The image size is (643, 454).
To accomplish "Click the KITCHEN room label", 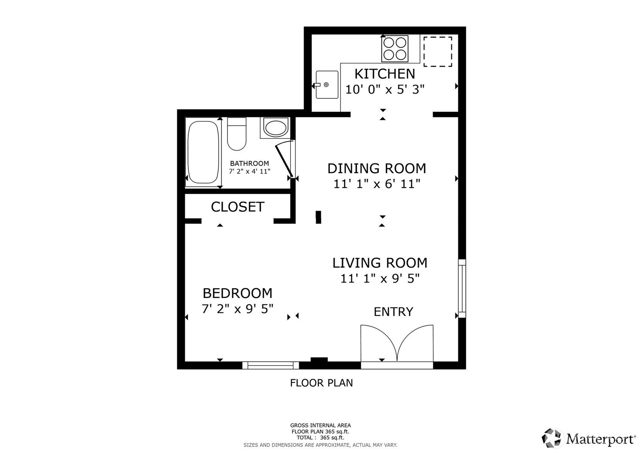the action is pyautogui.click(x=385, y=74).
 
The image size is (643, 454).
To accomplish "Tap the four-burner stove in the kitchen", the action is pyautogui.click(x=395, y=48).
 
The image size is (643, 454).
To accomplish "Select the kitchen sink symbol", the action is pyautogui.click(x=327, y=85).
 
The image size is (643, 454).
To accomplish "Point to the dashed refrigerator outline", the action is pyautogui.click(x=438, y=51).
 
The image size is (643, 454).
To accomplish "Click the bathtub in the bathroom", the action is pyautogui.click(x=203, y=152).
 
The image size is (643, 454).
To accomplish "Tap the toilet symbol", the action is pyautogui.click(x=237, y=134).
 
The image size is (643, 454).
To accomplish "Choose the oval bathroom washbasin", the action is pyautogui.click(x=275, y=128).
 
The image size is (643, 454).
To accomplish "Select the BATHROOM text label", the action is pyautogui.click(x=249, y=163).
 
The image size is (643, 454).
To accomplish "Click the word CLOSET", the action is pyautogui.click(x=237, y=207).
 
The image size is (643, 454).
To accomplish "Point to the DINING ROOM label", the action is pyautogui.click(x=377, y=168).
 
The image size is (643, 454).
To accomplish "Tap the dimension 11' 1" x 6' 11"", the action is pyautogui.click(x=377, y=184).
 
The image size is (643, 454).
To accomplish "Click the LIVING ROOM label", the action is pyautogui.click(x=380, y=263).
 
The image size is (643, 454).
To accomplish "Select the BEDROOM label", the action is pyautogui.click(x=237, y=293).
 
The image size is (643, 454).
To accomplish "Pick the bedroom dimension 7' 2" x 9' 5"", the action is pyautogui.click(x=237, y=309).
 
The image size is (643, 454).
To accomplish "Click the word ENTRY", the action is pyautogui.click(x=393, y=312).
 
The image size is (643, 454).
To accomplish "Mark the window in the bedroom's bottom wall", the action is pyautogui.click(x=271, y=365).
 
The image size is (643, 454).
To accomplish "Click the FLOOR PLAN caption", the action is pyautogui.click(x=321, y=383).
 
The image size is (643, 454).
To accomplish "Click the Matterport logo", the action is pyautogui.click(x=589, y=438).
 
